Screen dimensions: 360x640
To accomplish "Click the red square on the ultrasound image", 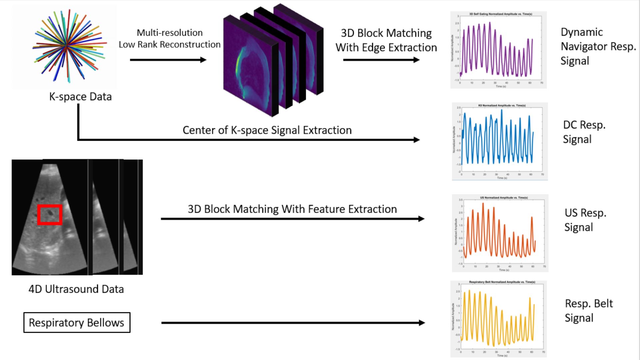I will coord(50,214).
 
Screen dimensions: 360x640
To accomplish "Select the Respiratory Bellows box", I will coord(77,322).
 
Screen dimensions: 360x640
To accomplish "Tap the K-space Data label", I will coord(80,97).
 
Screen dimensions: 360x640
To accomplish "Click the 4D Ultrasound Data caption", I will coord(76,289).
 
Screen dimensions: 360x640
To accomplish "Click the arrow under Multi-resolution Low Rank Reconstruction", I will coord(168,60).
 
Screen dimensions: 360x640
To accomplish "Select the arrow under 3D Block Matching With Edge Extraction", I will coord(381,60).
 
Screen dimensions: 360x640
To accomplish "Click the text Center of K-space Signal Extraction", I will coord(267,130).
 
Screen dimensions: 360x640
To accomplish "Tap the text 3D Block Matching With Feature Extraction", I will coord(292,209).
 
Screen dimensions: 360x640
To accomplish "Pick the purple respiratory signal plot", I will coord(498,50).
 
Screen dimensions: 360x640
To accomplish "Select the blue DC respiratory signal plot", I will coord(499,141).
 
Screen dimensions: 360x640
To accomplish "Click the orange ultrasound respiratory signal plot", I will coord(500,233).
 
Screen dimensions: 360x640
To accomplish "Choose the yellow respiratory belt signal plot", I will coord(498,319).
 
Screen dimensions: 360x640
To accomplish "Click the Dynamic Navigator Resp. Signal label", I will coord(598,46).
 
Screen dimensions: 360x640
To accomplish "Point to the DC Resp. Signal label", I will coord(584,132).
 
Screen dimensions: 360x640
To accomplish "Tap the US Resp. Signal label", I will coord(585,220).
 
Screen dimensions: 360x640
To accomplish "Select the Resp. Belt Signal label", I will coord(588,311).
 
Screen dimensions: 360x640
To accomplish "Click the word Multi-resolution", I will coord(170,33).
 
